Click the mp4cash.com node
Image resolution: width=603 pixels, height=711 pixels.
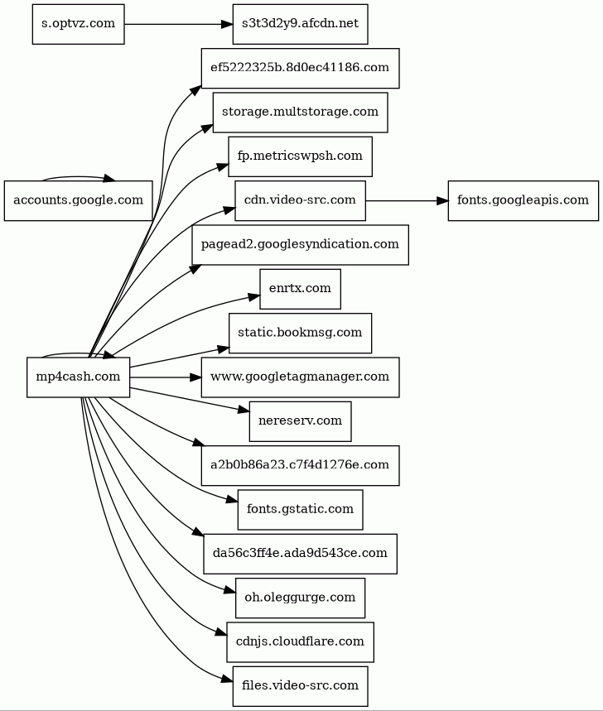(x=78, y=377)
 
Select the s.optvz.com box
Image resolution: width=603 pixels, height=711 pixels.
(x=78, y=24)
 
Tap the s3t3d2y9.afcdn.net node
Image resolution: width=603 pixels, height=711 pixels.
(x=300, y=24)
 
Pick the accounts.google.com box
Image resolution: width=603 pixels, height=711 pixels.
(x=78, y=200)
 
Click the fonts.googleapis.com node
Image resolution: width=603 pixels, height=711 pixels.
(x=523, y=200)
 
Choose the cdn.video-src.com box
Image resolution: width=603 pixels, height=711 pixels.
(x=300, y=200)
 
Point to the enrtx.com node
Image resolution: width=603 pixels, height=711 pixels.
(x=300, y=289)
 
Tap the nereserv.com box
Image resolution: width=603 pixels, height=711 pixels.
(x=300, y=420)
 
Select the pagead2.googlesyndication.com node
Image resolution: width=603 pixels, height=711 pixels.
(x=300, y=244)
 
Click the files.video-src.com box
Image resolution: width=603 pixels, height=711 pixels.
(x=300, y=685)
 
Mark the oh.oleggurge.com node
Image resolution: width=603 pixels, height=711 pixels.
(x=300, y=597)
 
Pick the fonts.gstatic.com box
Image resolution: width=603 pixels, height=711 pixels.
(x=300, y=509)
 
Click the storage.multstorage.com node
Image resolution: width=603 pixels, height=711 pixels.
(x=300, y=113)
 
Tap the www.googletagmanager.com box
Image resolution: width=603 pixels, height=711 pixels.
(x=300, y=377)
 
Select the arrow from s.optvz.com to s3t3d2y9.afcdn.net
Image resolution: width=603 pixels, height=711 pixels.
(x=178, y=24)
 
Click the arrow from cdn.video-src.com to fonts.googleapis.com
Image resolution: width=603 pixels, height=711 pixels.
(x=407, y=200)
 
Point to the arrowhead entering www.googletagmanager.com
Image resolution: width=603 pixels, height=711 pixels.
(x=195, y=377)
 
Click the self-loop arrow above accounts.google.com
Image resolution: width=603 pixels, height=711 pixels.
(x=78, y=177)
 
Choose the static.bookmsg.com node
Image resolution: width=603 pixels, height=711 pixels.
(x=300, y=333)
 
